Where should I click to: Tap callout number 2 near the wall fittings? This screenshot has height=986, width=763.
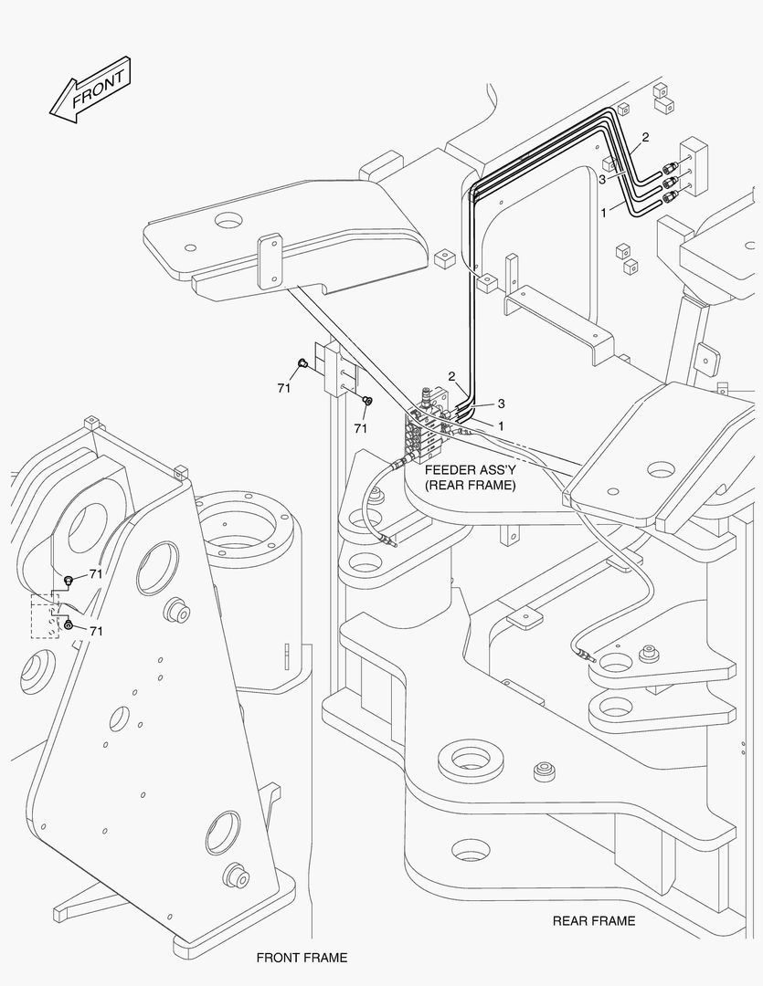point(645,138)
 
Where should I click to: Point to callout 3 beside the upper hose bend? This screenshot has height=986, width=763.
point(602,180)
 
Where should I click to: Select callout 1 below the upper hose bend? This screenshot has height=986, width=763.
point(603,211)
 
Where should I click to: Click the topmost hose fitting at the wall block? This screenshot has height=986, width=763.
point(671,167)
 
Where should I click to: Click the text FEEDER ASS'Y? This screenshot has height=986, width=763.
point(471,469)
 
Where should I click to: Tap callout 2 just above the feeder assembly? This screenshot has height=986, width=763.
point(451,376)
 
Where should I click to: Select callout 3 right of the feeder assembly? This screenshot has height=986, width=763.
point(501,403)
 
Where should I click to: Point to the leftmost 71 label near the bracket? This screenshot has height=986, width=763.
point(284,388)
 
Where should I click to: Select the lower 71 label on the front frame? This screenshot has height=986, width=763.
point(95,631)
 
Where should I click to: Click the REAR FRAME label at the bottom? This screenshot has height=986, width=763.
point(593,920)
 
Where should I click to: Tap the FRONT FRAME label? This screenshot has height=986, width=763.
point(302,958)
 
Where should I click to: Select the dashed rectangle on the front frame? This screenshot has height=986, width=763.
point(45,616)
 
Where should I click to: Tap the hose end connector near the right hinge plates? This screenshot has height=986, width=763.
point(581,653)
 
